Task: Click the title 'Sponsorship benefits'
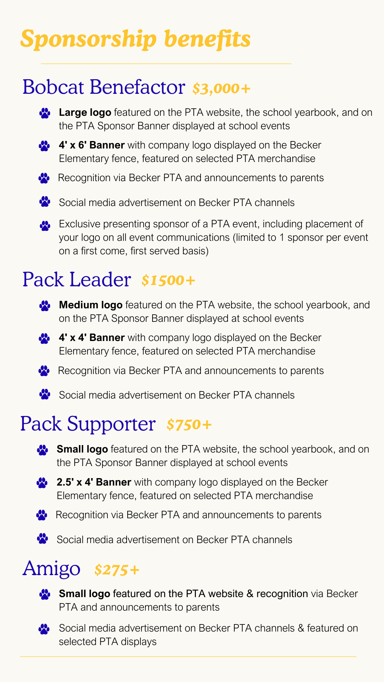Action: click(135, 39)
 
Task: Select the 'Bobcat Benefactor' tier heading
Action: click(103, 87)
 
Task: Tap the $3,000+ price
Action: click(222, 88)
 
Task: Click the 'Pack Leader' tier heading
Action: click(76, 280)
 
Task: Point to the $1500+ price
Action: click(168, 280)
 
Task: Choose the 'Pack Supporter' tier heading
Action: click(88, 424)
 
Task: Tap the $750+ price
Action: click(189, 424)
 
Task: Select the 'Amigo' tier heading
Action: click(52, 568)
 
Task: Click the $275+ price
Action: click(117, 570)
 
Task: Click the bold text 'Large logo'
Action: click(85, 113)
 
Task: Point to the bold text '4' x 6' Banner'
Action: click(92, 145)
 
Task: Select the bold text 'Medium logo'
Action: click(91, 305)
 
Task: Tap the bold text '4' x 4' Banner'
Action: click(92, 337)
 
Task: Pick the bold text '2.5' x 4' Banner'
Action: click(94, 482)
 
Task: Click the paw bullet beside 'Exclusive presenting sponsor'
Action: click(45, 225)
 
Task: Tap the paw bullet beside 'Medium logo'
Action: click(45, 305)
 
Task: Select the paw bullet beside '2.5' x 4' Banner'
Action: click(42, 483)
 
